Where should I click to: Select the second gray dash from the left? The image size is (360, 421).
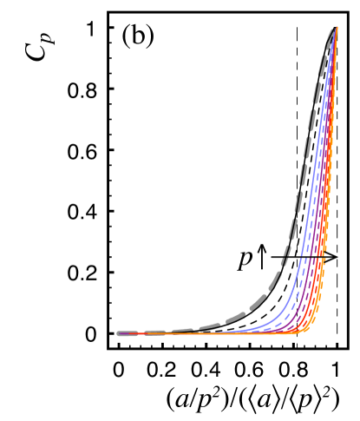154,332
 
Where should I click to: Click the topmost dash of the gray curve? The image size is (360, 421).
330,36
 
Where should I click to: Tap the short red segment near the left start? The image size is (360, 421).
140,333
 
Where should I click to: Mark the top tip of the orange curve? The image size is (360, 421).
337,28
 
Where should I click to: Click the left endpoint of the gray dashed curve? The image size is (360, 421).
119,333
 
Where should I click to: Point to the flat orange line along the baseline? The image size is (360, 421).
243,333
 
